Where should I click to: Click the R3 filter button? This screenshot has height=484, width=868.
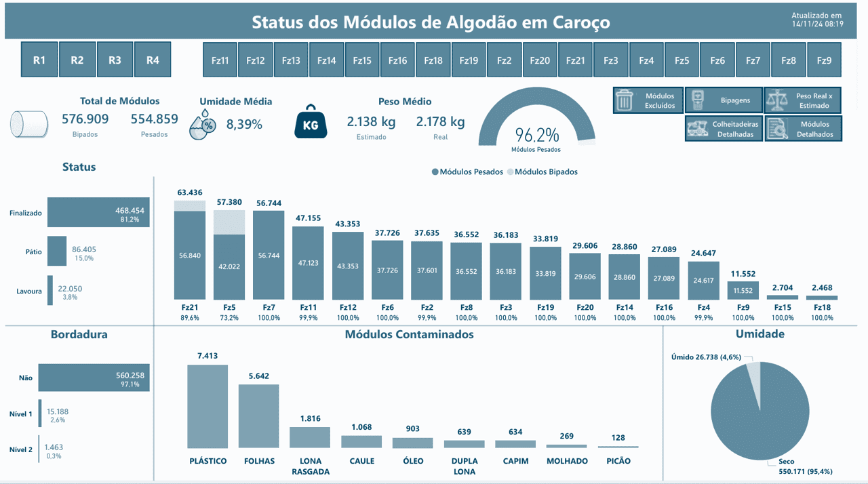(115, 60)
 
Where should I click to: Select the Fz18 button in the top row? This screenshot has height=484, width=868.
(433, 60)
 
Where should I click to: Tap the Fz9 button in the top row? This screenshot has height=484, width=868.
(824, 60)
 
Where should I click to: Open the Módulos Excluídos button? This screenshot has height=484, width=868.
(648, 101)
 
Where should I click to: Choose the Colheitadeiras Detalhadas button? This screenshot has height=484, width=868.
(723, 129)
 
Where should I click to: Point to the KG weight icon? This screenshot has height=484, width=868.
(311, 122)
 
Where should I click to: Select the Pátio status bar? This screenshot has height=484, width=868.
(57, 251)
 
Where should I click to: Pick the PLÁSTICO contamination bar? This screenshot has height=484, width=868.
(208, 406)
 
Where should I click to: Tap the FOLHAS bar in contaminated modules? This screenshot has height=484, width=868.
(258, 416)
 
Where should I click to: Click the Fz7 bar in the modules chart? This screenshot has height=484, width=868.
(269, 254)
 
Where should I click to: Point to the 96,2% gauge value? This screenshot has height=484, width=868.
(536, 134)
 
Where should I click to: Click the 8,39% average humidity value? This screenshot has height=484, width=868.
(244, 125)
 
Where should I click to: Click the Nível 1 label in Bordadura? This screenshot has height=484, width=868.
(20, 414)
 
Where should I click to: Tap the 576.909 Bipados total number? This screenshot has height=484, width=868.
(85, 119)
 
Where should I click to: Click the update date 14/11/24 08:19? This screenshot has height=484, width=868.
(817, 24)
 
